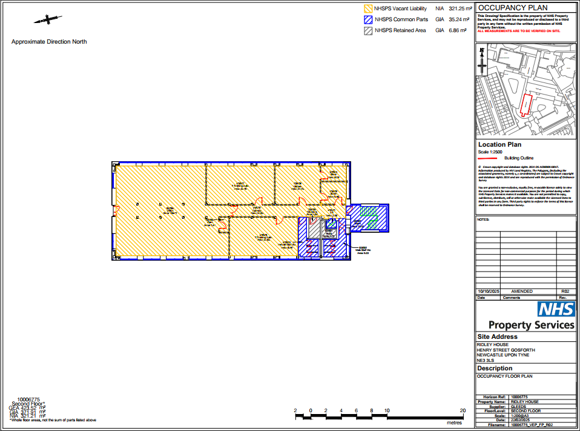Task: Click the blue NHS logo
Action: pos(556,309)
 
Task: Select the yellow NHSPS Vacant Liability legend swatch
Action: pos(367,9)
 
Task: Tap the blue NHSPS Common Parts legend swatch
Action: pos(367,19)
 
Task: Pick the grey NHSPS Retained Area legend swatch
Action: pos(367,30)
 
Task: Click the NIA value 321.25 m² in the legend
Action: pos(460,9)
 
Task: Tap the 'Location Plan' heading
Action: pos(499,145)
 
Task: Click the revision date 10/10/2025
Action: pos(489,291)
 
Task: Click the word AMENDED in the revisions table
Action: pos(522,291)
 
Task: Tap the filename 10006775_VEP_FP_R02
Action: pos(532,426)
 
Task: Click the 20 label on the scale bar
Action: pos(463,410)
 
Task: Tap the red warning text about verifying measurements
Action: pos(519,30)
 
